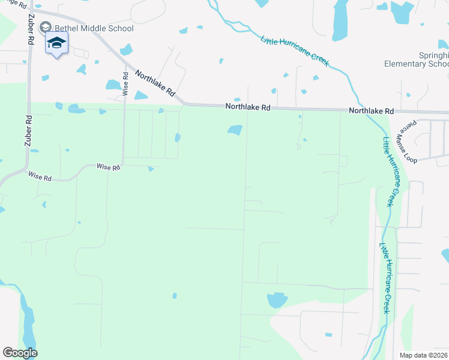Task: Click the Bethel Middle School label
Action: click(x=94, y=28)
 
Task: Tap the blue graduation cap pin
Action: click(x=56, y=43)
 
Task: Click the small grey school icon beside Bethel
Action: click(x=46, y=28)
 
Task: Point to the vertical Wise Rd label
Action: click(x=125, y=84)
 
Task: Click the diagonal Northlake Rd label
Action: click(x=155, y=84)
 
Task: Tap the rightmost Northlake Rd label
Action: click(x=371, y=111)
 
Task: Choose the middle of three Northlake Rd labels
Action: click(x=248, y=107)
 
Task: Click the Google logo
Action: click(x=20, y=353)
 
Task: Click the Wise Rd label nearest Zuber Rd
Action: click(x=40, y=176)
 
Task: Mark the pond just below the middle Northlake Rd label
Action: click(x=235, y=130)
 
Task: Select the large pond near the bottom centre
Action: click(x=277, y=299)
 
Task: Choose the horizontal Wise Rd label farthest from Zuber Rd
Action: click(x=109, y=167)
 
